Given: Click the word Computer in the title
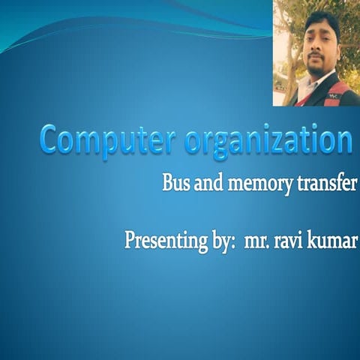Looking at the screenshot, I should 102,140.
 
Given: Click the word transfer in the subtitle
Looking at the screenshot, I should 325,183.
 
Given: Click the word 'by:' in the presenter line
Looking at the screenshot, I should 218,242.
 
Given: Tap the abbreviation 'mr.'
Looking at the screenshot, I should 257,243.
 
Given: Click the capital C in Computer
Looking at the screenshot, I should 50,139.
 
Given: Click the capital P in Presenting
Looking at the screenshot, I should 130,241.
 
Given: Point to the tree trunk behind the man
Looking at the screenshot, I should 290,82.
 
